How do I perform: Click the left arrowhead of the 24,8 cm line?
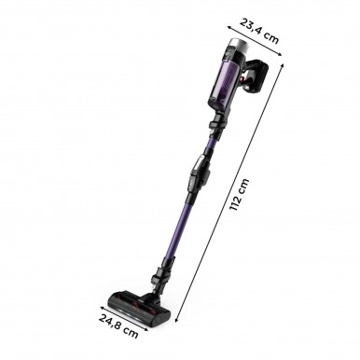(x=100, y=307)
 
